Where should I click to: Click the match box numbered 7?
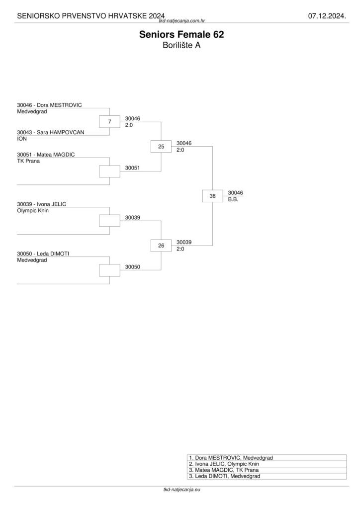point(109,122)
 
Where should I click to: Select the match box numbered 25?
point(161,146)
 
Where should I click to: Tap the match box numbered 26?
point(161,246)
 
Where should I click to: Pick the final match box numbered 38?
point(212,196)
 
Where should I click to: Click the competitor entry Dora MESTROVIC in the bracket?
point(49,105)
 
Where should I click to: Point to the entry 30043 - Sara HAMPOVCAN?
point(50,132)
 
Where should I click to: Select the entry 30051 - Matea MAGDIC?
point(46,155)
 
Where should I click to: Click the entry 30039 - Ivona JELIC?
point(41,204)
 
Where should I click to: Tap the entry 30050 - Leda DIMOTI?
point(43,254)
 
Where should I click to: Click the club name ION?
point(21,139)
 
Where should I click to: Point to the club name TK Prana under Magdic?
point(28,161)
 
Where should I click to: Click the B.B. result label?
point(233,199)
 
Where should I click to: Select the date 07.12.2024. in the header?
point(326,16)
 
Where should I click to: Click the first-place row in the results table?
point(267,458)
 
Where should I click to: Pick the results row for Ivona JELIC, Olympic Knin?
point(267,464)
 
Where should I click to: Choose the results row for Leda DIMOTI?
point(267,476)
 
